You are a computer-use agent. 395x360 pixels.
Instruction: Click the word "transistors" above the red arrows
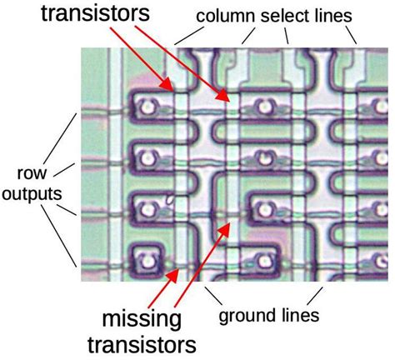pos(95,12)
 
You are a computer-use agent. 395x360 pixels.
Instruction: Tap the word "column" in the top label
pos(225,16)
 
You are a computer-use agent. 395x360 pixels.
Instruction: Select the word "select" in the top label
pos(285,16)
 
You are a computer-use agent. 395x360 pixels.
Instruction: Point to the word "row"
pos(32,173)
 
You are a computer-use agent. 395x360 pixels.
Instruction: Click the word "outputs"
pos(32,193)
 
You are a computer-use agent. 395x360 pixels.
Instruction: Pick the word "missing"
pos(142,319)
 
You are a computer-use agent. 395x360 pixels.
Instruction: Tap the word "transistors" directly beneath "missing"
pos(142,345)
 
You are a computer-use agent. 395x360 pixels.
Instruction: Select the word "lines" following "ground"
pos(301,315)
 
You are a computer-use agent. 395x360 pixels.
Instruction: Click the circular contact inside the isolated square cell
pos(147,260)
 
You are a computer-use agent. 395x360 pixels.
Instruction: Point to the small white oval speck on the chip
pos(170,200)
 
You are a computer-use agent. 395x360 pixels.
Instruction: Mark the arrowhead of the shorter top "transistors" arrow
pos(167,84)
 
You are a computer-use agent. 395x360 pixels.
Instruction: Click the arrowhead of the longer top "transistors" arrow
pos(223,95)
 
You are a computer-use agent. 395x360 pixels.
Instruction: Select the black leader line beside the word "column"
pos(189,36)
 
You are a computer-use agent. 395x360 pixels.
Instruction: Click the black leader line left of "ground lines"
pos(214,296)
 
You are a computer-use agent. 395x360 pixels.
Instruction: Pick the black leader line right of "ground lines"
pos(315,296)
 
